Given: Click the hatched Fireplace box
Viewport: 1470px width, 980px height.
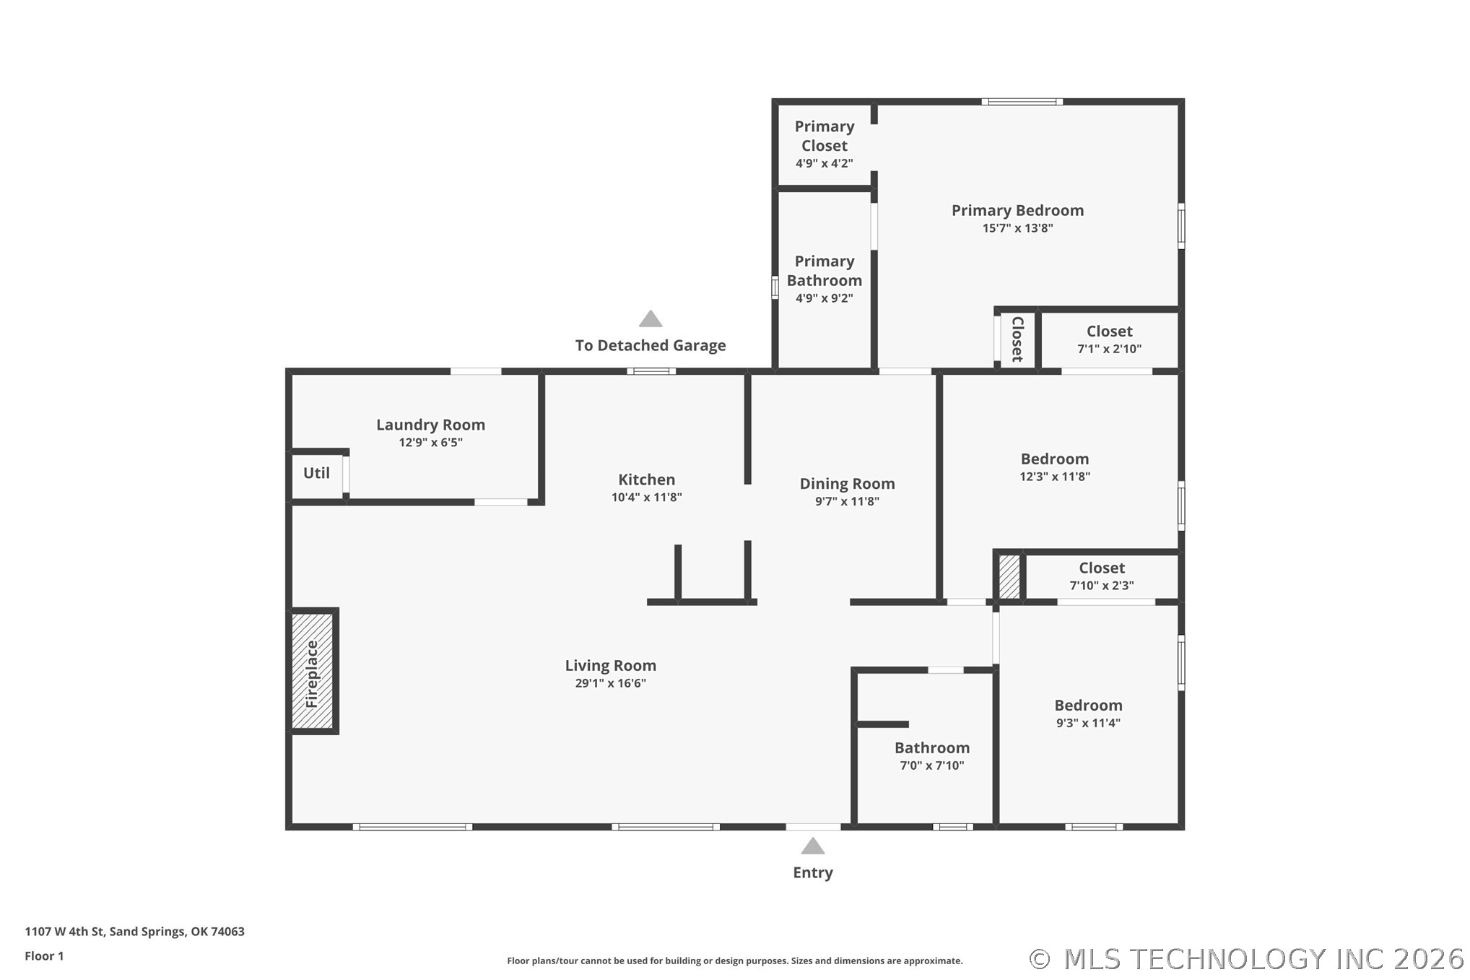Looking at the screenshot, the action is [x=312, y=671].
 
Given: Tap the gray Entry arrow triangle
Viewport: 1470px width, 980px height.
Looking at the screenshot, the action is [x=813, y=846].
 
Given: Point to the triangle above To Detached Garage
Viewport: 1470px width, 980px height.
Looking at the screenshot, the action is [x=651, y=318].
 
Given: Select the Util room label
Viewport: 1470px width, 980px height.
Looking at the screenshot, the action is [x=316, y=473].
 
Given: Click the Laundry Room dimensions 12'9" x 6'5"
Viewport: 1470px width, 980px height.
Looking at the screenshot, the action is [x=431, y=442].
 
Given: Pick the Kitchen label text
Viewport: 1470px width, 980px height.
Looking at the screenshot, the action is [x=647, y=480].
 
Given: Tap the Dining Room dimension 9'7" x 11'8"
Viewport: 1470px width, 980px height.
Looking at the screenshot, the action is [x=848, y=501].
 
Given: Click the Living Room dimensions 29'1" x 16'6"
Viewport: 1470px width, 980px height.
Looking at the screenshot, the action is [x=611, y=683].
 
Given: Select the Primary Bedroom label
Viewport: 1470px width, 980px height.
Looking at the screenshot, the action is [x=1018, y=210].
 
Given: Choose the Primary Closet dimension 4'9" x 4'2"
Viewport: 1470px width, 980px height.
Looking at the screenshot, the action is [x=825, y=163].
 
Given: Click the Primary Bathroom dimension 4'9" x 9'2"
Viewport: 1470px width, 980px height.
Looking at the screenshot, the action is [x=825, y=298].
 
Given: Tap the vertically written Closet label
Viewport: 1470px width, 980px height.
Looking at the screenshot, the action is [x=1017, y=339].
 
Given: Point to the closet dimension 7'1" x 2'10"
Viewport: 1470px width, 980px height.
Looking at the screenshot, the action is [x=1110, y=349].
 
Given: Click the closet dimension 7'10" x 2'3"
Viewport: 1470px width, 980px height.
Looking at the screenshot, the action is [x=1102, y=586].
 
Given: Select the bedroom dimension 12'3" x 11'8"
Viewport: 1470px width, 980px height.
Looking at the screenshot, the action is [x=1055, y=477].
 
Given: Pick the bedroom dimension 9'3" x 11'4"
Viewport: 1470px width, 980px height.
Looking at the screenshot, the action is [x=1088, y=723].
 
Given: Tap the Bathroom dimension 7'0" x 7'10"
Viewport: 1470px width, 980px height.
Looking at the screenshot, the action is [x=932, y=766].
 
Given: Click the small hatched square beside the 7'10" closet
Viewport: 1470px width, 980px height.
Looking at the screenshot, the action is [x=1009, y=576].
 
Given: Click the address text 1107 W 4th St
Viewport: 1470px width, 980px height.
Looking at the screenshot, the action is [x=65, y=932].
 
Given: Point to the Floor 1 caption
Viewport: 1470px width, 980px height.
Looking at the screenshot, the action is [x=44, y=956].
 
